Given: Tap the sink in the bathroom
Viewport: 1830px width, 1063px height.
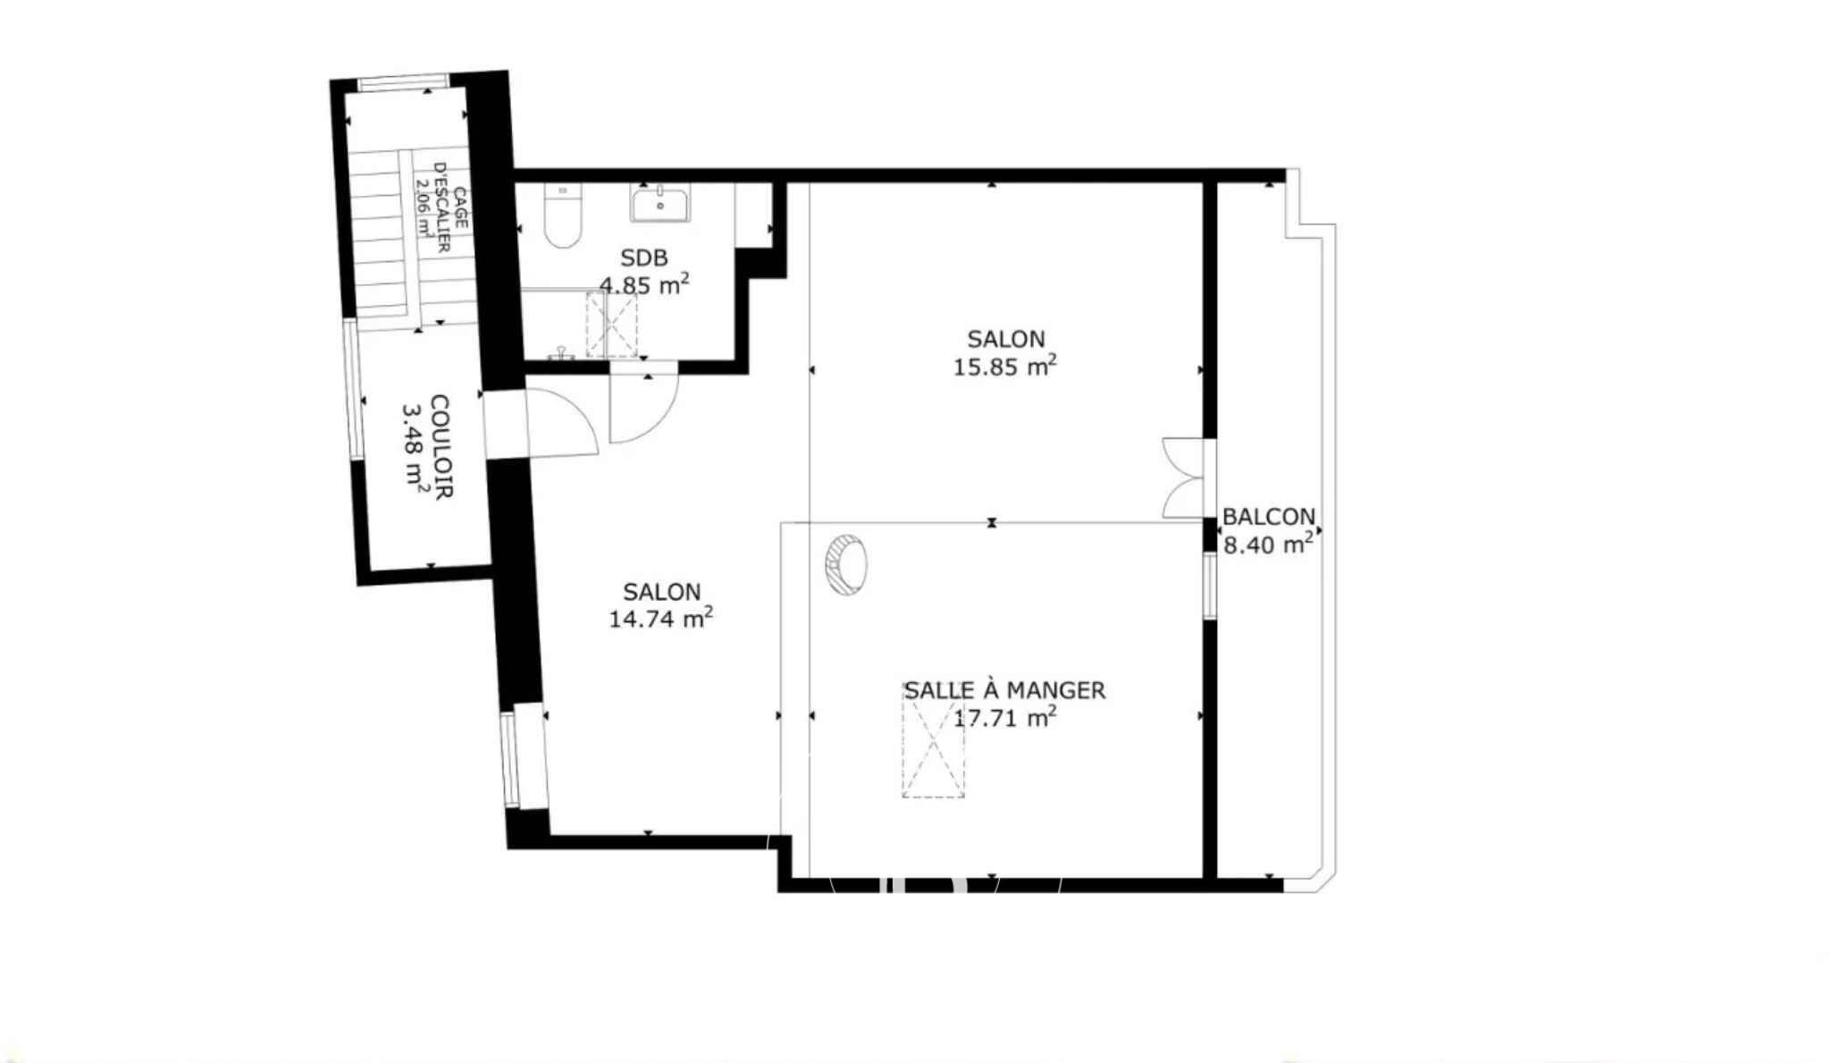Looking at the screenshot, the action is (x=659, y=202).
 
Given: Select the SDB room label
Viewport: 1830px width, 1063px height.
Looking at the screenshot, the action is (x=644, y=258).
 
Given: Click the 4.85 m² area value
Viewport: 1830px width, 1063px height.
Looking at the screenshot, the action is (x=644, y=285).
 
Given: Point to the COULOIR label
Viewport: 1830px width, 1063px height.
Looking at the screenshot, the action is (x=441, y=446).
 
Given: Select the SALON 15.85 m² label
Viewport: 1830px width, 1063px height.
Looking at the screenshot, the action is (x=1006, y=353).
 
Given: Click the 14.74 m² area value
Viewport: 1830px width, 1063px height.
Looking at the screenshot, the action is (x=661, y=619).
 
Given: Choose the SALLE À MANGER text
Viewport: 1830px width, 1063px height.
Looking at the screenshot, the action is (x=1005, y=690).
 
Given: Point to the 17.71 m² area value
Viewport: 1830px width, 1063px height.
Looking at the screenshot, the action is (x=1005, y=717).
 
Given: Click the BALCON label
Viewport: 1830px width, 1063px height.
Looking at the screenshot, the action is (x=1269, y=517).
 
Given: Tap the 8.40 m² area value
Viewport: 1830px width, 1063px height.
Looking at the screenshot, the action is (x=1269, y=544).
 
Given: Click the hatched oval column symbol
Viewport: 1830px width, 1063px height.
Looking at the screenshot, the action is (x=845, y=564).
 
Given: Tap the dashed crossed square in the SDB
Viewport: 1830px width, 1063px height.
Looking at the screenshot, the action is (x=612, y=325).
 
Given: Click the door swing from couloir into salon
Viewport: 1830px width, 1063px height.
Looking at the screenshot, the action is (x=561, y=420).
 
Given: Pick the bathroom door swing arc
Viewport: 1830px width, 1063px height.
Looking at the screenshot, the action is (x=643, y=408).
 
